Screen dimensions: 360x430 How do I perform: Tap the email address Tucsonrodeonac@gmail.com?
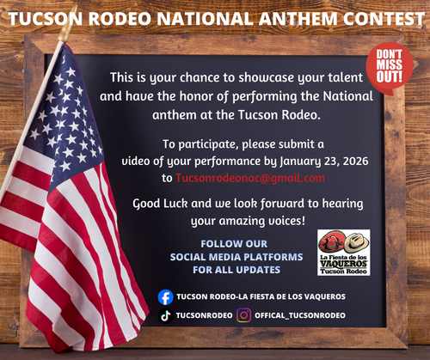[x=249, y=178]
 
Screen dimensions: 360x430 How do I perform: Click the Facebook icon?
[x=166, y=296]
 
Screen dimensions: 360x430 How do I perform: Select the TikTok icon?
[x=166, y=315]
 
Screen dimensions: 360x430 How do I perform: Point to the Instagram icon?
[x=244, y=315]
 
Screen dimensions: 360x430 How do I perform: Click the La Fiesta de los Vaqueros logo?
[x=343, y=252]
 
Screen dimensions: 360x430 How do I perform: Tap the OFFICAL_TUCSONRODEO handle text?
[x=299, y=315]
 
